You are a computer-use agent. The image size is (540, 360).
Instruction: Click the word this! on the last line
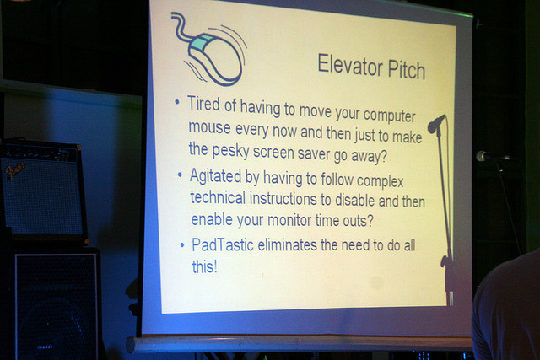(x=205, y=267)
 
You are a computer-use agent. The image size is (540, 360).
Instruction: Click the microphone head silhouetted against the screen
(x=435, y=125)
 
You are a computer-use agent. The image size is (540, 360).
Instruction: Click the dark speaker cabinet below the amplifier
(x=55, y=304)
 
